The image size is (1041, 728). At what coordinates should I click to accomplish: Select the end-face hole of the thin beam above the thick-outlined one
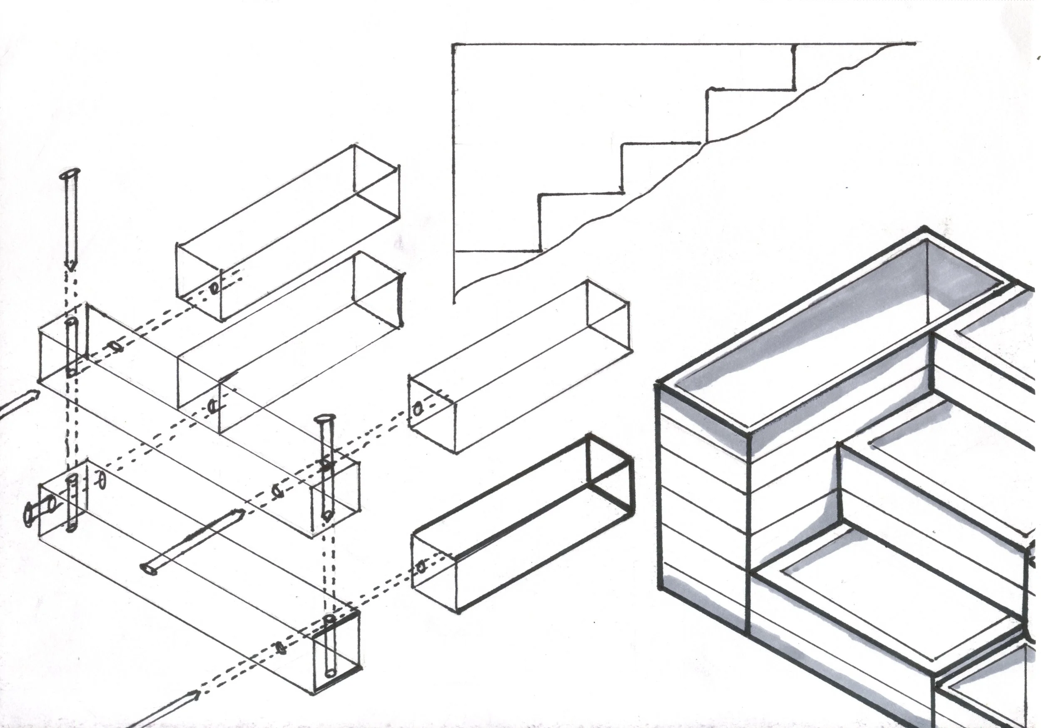click(x=418, y=409)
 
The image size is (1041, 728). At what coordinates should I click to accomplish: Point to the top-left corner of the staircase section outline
click(x=453, y=45)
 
